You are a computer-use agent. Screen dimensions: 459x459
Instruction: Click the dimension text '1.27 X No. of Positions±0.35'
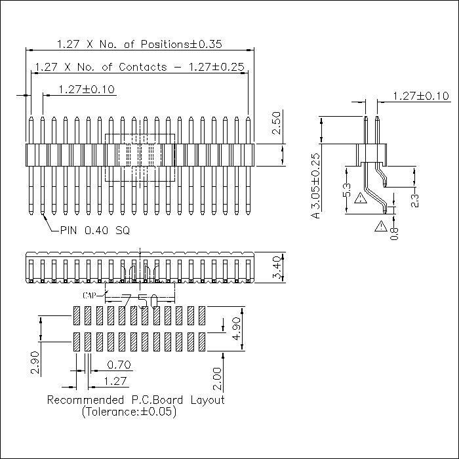pyautogui.click(x=139, y=45)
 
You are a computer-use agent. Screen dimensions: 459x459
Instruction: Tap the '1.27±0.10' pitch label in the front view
pyautogui.click(x=86, y=89)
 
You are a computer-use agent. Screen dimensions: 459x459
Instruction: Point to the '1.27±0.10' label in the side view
pyautogui.click(x=420, y=96)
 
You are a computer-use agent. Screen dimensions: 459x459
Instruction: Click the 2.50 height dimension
pyautogui.click(x=276, y=123)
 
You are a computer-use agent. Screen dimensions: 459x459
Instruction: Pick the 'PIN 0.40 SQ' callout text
pyautogui.click(x=94, y=230)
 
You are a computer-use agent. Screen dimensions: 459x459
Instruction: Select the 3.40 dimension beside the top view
pyautogui.click(x=276, y=268)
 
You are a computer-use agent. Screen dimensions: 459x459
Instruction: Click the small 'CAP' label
pyautogui.click(x=92, y=296)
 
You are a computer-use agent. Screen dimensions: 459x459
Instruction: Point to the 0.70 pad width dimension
pyautogui.click(x=118, y=365)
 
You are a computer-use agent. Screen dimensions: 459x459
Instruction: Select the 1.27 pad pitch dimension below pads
pyautogui.click(x=115, y=381)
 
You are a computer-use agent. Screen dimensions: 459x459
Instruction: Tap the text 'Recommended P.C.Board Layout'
pyautogui.click(x=136, y=399)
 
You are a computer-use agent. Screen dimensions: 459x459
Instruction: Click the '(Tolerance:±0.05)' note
pyautogui.click(x=129, y=412)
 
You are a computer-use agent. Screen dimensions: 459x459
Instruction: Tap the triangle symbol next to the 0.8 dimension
pyautogui.click(x=381, y=227)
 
